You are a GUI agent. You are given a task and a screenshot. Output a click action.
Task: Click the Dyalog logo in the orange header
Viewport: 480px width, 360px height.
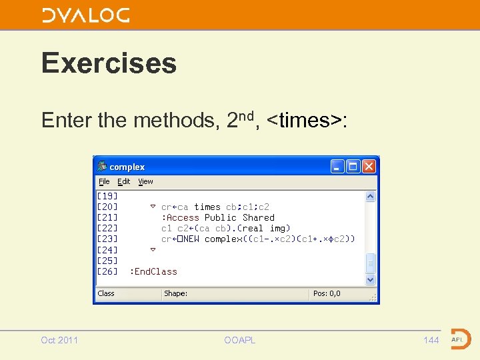click(86, 15)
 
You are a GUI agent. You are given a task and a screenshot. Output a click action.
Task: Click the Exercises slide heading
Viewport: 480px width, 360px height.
click(109, 63)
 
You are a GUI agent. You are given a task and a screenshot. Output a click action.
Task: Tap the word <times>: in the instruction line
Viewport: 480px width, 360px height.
click(306, 120)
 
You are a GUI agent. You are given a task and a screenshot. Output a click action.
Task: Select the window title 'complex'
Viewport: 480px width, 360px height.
click(127, 167)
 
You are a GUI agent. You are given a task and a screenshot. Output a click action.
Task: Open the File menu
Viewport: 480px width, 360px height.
click(104, 181)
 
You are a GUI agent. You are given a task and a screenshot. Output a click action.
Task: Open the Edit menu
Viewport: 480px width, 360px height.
click(124, 181)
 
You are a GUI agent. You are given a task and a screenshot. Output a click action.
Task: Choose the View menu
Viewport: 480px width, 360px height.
click(145, 181)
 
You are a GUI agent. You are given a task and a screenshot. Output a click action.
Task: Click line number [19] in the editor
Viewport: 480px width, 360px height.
click(107, 196)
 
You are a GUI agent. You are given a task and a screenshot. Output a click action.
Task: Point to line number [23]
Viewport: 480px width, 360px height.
click(107, 239)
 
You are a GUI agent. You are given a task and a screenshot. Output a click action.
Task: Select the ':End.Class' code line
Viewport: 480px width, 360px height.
click(153, 271)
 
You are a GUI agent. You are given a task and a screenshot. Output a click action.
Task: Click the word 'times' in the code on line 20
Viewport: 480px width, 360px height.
click(207, 207)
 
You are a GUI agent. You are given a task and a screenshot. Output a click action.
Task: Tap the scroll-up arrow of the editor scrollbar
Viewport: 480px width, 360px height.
click(371, 197)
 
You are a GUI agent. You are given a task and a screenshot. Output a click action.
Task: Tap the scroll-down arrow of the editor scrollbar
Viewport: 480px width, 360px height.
click(371, 281)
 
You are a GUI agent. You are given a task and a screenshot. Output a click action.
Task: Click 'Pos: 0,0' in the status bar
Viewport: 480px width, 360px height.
click(327, 293)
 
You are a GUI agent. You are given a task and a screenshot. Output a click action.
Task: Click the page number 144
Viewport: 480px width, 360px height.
click(431, 340)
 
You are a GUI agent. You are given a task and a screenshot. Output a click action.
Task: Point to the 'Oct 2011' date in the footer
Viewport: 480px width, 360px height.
click(59, 340)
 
